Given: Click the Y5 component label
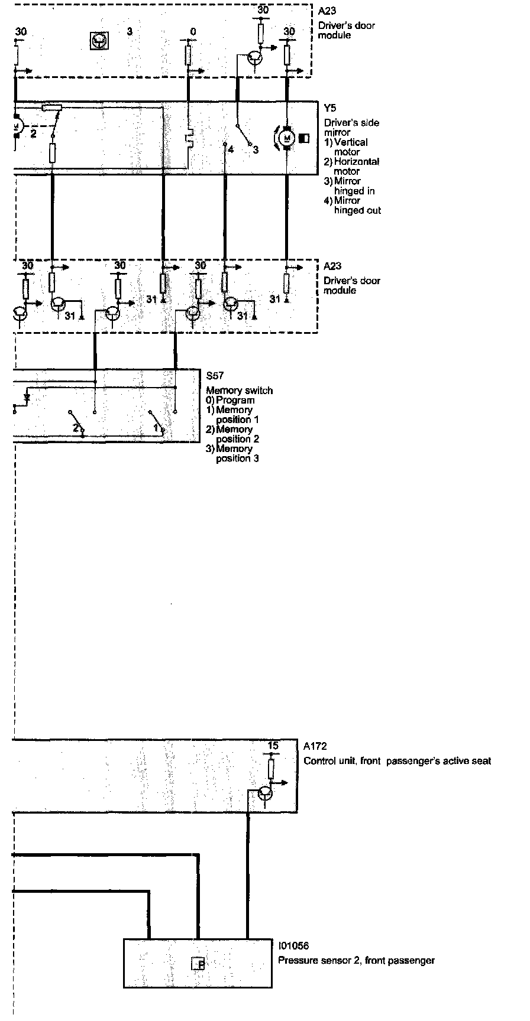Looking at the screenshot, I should (329, 109).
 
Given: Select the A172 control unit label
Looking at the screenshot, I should (315, 747).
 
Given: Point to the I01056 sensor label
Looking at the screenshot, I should (293, 947).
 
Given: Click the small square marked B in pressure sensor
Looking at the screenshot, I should (198, 965).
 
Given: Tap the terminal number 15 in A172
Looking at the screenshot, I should (273, 746).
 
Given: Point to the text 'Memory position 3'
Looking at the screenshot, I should (237, 453).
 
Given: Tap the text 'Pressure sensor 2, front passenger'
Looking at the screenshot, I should (356, 961).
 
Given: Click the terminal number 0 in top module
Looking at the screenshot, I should (193, 31).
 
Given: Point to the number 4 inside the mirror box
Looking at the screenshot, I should (231, 149).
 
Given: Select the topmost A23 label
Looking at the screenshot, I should (327, 11).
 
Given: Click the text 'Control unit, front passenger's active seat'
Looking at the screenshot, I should (397, 761).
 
